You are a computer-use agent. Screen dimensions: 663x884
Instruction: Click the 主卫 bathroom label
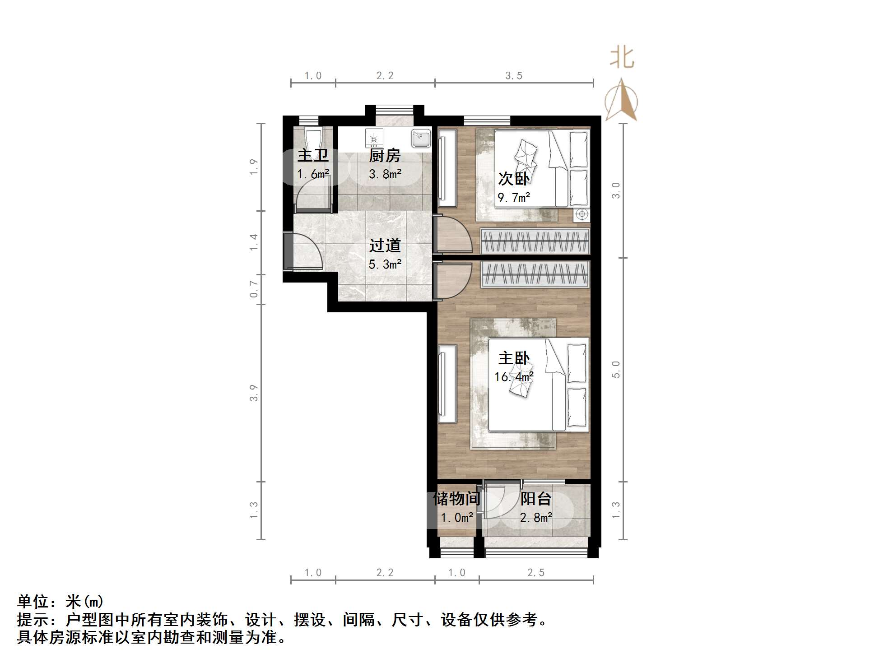point(312,156)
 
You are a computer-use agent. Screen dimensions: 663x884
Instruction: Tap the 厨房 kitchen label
point(385,156)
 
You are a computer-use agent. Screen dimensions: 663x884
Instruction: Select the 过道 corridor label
point(385,246)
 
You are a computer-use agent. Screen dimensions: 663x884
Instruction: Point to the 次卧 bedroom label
point(514,179)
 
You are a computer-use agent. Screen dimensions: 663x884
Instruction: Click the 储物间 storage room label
point(456,499)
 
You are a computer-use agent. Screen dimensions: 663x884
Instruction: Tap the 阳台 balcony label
point(536,499)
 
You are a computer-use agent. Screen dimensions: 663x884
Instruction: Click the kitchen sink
point(421,138)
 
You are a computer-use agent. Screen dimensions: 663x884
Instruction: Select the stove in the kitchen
point(374,138)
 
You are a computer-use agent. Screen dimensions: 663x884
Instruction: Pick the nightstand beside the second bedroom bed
point(582,214)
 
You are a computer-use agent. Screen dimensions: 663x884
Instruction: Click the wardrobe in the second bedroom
point(535,241)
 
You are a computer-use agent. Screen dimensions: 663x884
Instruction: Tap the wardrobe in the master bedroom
point(535,274)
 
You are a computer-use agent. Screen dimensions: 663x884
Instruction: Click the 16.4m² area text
point(514,376)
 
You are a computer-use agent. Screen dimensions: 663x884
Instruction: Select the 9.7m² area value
point(514,197)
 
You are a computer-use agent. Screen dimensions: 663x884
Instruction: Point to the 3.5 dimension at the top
point(514,76)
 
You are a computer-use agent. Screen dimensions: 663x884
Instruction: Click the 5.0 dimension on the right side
point(616,369)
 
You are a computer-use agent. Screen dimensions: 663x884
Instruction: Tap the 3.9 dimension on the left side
point(254,393)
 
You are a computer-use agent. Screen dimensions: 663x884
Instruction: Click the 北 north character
point(622,58)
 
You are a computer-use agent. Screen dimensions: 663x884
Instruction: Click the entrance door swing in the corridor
point(307,252)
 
